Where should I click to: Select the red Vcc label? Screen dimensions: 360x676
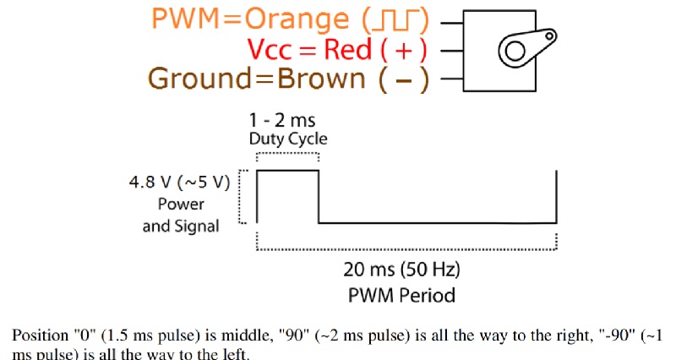[272, 49]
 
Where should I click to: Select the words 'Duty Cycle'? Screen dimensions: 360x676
[287, 139]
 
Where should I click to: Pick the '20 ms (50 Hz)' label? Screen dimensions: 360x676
[401, 271]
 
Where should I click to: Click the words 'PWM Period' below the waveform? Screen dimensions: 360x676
[401, 295]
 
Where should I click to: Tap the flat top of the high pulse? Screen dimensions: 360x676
[288, 171]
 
